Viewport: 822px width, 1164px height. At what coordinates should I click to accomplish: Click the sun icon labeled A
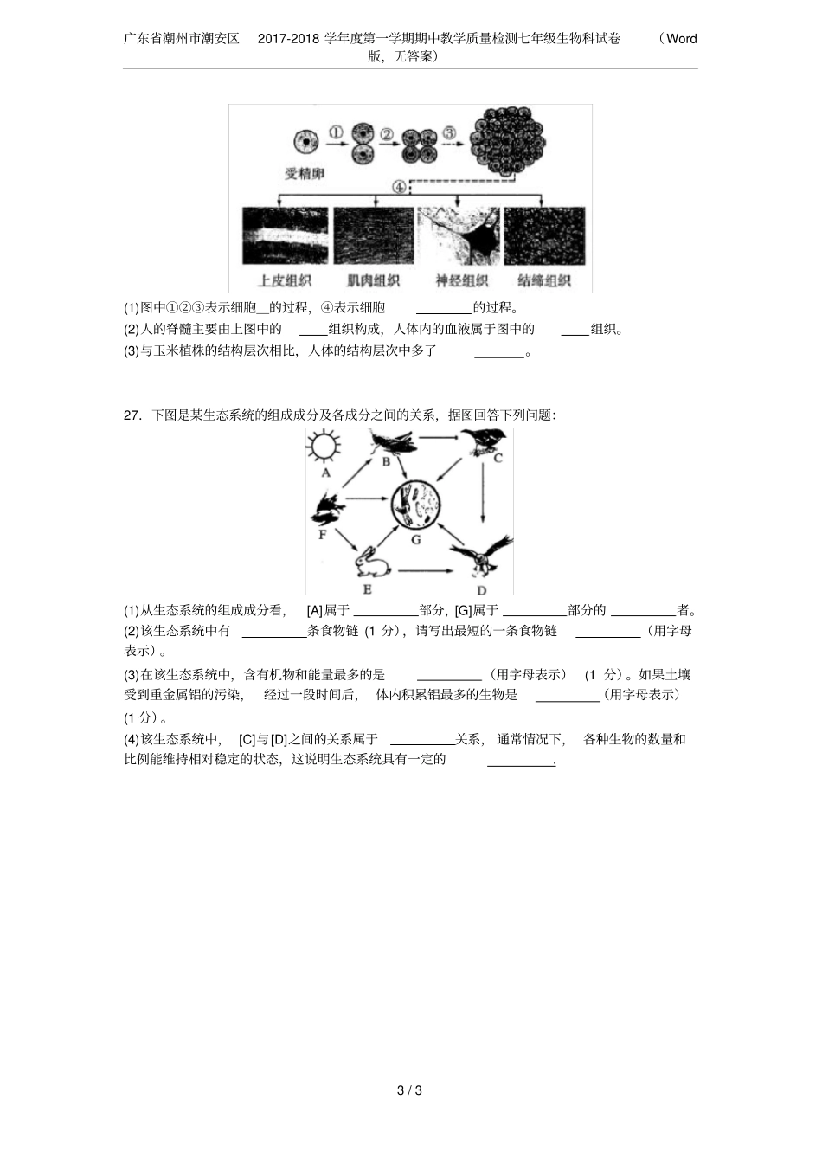(x=324, y=447)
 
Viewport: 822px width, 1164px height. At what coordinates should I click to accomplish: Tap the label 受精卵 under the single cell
(x=304, y=173)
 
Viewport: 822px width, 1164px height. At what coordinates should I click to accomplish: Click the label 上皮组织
(x=285, y=280)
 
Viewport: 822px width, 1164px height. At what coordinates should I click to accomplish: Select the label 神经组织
(x=461, y=280)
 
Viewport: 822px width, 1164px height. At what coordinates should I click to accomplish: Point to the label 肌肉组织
(x=373, y=280)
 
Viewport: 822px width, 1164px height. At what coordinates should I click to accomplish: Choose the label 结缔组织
(x=543, y=280)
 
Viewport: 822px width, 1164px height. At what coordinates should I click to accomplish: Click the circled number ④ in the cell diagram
(x=399, y=186)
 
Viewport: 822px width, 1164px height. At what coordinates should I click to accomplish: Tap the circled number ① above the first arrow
(x=336, y=132)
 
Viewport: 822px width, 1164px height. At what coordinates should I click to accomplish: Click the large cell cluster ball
(x=507, y=141)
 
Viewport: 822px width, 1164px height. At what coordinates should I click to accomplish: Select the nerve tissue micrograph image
(x=459, y=235)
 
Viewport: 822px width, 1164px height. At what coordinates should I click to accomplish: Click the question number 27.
(x=132, y=415)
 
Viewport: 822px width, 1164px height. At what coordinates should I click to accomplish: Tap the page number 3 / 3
(x=409, y=1090)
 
